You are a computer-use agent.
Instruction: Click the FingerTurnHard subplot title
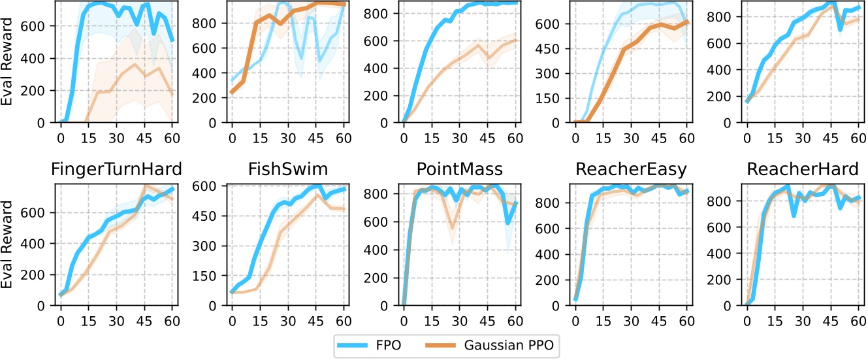point(117,169)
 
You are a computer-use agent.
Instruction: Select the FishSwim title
point(288,169)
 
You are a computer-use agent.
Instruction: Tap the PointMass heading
point(459,169)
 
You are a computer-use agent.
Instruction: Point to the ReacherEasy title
point(631,169)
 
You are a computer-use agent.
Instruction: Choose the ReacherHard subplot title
point(802,169)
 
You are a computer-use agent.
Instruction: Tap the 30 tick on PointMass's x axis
point(459,321)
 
